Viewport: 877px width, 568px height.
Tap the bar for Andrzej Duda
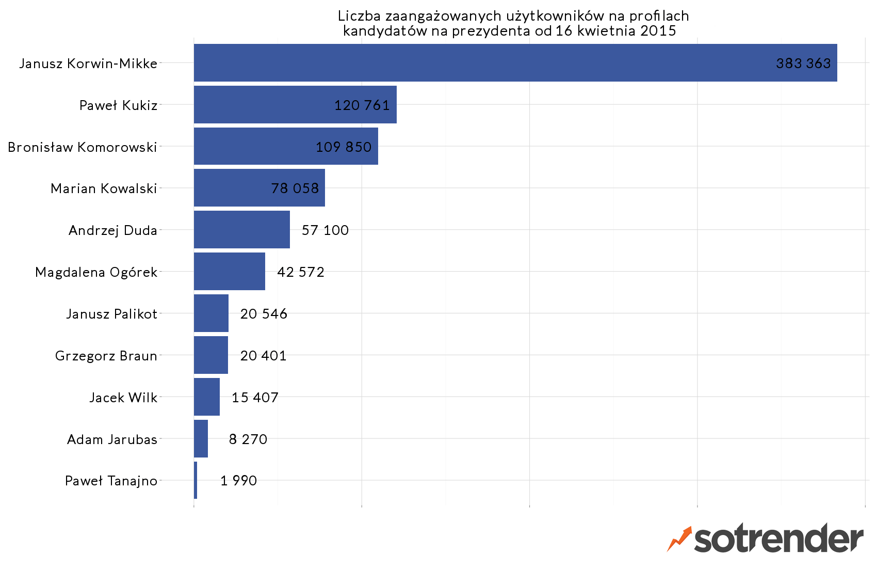click(241, 230)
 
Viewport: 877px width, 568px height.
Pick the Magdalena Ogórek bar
click(229, 272)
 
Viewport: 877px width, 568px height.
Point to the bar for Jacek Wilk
click(206, 397)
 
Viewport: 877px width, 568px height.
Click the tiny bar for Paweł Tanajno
click(196, 480)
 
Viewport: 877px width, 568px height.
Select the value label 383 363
click(803, 63)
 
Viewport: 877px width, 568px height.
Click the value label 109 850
click(344, 147)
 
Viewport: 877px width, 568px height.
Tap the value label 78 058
click(295, 188)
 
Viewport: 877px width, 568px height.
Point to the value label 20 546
click(264, 314)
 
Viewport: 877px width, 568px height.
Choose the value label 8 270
click(248, 439)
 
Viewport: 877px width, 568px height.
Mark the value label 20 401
click(263, 356)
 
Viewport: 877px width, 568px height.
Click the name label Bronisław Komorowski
click(83, 147)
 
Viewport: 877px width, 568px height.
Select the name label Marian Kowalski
click(104, 188)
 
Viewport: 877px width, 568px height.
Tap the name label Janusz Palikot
click(111, 314)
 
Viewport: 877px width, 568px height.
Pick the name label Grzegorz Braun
click(106, 356)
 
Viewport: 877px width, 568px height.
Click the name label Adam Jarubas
click(112, 439)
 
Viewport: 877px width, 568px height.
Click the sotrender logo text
click(778, 539)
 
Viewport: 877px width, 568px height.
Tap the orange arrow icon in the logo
click(679, 539)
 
